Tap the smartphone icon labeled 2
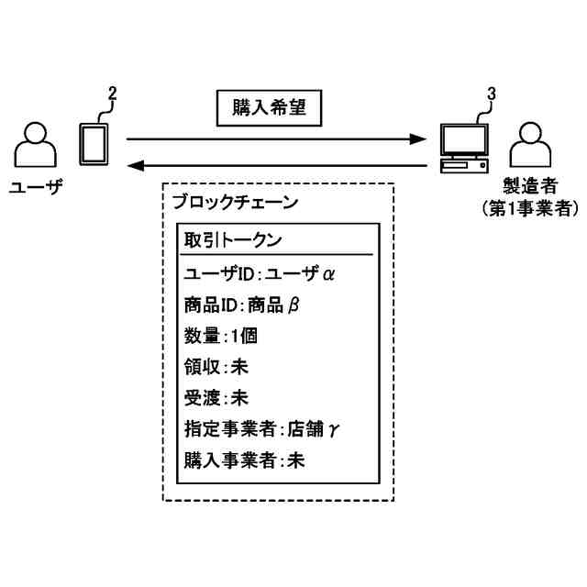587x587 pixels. coord(94,143)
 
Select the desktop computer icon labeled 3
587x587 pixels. coord(464,147)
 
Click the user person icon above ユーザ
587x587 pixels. coord(35,145)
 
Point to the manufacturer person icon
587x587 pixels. coord(530,145)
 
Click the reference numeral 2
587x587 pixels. coord(112,92)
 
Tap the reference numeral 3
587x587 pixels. coord(491,94)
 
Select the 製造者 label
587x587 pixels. coord(530,188)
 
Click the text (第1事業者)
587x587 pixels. coord(530,209)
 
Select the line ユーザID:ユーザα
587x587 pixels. coord(253,273)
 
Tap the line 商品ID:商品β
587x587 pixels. coord(241,305)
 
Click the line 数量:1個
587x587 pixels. coord(220,336)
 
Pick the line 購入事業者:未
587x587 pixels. coord(244,460)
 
